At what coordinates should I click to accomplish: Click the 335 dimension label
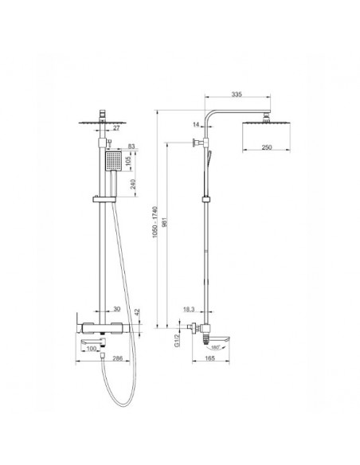(237, 94)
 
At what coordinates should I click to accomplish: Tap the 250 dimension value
(267, 147)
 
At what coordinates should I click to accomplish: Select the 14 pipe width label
(196, 124)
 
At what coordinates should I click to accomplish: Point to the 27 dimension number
(116, 128)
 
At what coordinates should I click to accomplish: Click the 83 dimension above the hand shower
(131, 147)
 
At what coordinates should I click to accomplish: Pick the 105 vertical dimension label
(128, 160)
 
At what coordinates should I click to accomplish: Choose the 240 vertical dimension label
(133, 184)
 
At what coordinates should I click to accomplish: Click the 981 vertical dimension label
(165, 222)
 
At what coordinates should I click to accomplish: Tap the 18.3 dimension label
(189, 310)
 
